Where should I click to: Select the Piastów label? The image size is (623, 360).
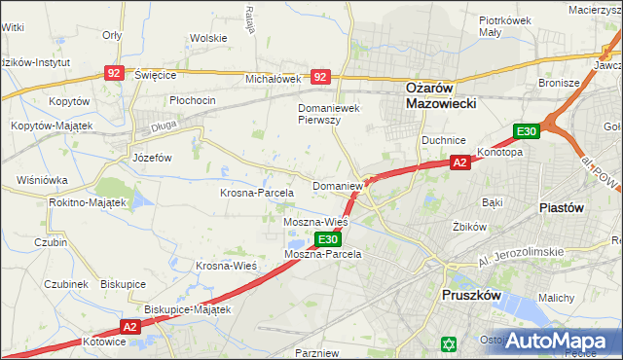tap(561, 207)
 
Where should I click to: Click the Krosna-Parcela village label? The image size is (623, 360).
tap(256, 193)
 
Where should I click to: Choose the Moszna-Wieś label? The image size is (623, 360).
tap(315, 223)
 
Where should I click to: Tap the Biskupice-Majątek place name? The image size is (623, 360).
tap(187, 309)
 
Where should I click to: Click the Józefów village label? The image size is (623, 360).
tap(152, 157)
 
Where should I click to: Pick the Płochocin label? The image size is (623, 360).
tap(192, 100)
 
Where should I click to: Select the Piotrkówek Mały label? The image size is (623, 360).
tap(503, 25)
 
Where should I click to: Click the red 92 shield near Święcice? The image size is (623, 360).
tap(115, 73)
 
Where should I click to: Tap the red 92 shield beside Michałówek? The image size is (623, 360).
tap(320, 75)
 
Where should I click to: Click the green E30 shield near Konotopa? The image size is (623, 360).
tap(527, 131)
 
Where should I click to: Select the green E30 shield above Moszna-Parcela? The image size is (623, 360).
tap(328, 239)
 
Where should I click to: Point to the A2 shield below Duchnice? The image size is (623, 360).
tap(460, 163)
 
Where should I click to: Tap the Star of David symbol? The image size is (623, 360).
tap(449, 343)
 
